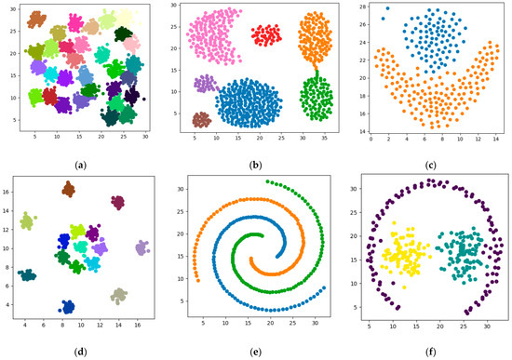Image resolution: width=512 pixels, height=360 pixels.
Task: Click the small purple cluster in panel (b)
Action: click(205, 84)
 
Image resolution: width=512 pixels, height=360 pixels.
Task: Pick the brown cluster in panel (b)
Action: click(202, 119)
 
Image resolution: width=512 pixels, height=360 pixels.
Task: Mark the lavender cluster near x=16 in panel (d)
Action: click(141, 248)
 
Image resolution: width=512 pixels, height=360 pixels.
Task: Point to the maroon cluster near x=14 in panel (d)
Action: click(118, 202)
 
